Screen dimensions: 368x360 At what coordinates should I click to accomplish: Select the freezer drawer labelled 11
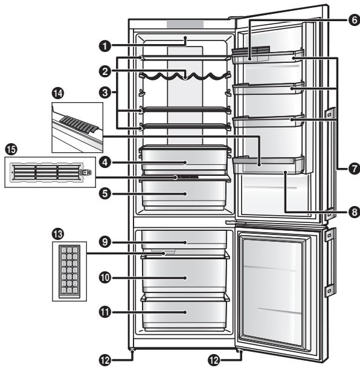[x=185, y=312]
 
